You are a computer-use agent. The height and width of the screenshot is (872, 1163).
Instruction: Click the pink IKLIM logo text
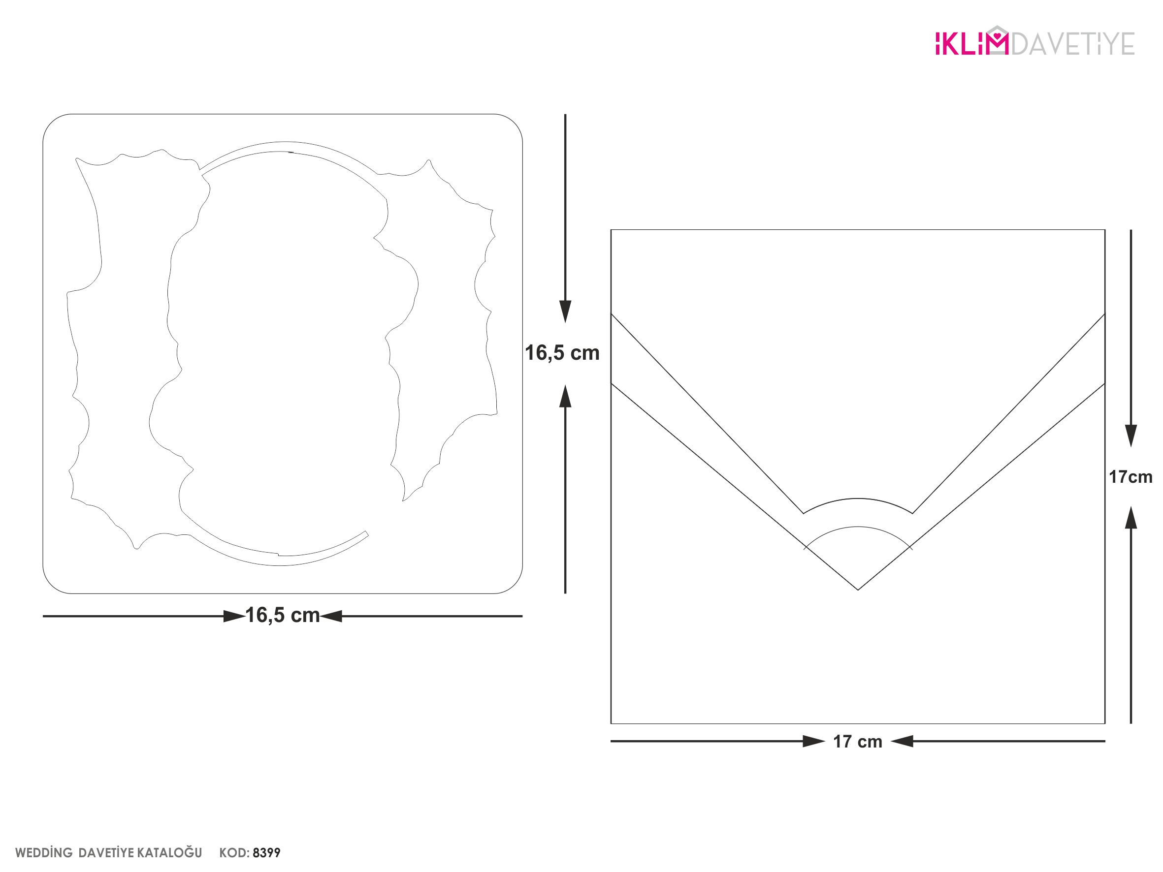click(971, 43)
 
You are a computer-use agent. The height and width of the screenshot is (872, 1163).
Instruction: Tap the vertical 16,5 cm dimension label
click(562, 353)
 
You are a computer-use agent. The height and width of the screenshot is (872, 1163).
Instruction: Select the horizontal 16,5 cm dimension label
click(282, 615)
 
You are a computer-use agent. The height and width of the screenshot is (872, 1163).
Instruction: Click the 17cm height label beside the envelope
click(1131, 477)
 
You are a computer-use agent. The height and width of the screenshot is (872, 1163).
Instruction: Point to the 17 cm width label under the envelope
click(858, 741)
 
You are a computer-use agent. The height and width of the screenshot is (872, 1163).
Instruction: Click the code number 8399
click(266, 852)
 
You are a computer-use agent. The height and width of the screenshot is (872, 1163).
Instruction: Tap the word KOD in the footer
click(234, 852)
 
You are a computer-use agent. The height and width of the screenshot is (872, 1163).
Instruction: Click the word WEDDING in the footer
click(44, 852)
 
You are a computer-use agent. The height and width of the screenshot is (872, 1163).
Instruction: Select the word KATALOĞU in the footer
click(169, 852)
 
